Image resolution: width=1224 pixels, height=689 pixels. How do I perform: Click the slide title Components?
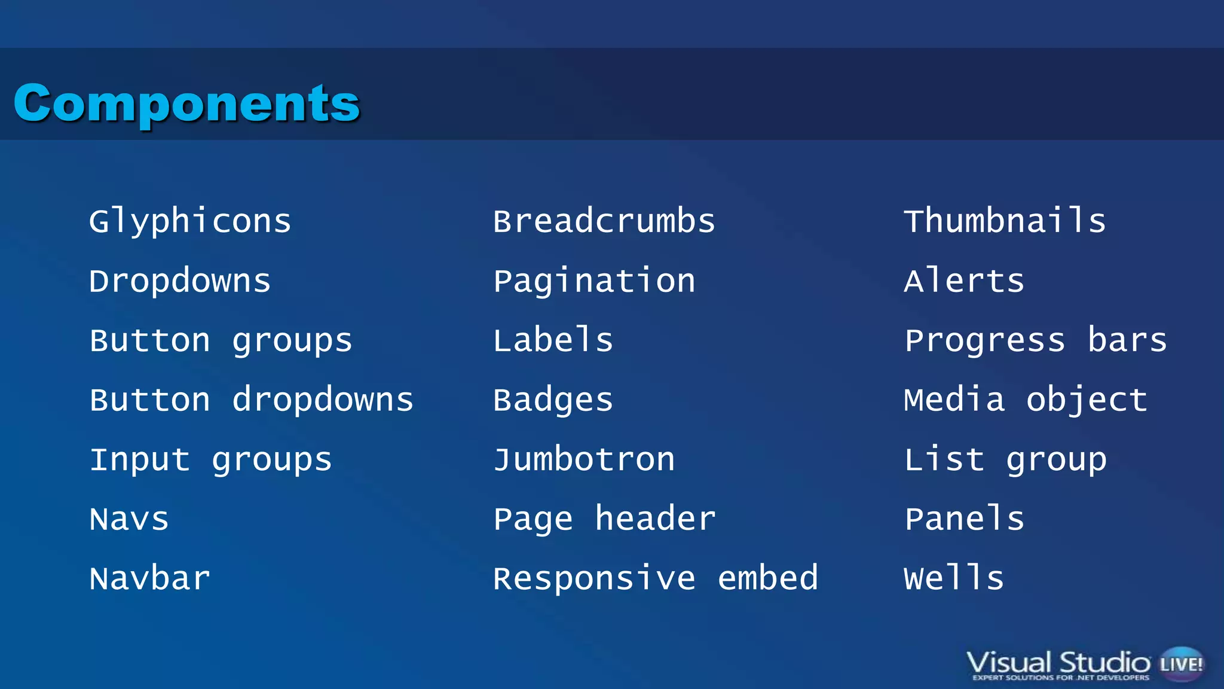click(x=186, y=103)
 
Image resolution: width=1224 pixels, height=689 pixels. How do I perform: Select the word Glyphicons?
click(x=190, y=221)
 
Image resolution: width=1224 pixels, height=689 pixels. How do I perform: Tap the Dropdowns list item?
click(x=180, y=281)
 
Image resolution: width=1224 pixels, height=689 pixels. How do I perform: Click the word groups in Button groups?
click(x=292, y=341)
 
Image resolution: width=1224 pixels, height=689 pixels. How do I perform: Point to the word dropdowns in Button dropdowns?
click(x=323, y=400)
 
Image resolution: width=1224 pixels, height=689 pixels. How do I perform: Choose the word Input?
click(x=140, y=460)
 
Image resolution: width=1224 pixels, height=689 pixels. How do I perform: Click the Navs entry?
click(x=129, y=519)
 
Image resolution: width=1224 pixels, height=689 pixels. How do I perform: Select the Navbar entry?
click(x=150, y=579)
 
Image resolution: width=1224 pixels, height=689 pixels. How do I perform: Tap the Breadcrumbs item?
click(x=604, y=221)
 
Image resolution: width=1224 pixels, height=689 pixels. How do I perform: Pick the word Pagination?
click(x=594, y=281)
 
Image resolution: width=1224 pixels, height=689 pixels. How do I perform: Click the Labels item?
click(x=553, y=340)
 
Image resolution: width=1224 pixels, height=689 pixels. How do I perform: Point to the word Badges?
click(x=553, y=400)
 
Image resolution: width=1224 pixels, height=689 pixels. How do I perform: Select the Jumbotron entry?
click(x=584, y=460)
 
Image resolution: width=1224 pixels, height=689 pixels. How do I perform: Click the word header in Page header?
click(x=655, y=519)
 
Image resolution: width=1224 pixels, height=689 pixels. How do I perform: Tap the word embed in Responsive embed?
click(x=767, y=578)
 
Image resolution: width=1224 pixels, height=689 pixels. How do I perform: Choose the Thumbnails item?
click(x=1005, y=221)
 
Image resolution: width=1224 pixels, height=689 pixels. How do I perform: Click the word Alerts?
click(x=964, y=281)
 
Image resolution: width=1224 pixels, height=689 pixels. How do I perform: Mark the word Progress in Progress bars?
click(x=985, y=341)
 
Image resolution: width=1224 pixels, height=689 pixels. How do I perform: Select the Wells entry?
click(x=954, y=578)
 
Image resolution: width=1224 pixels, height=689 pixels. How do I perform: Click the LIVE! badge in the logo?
click(x=1181, y=664)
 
